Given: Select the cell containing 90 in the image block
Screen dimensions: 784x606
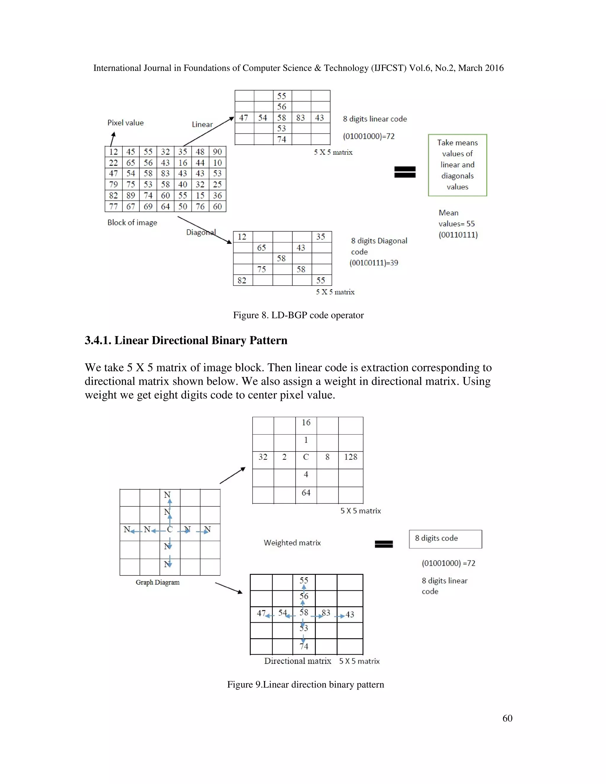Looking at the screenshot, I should pos(217,152).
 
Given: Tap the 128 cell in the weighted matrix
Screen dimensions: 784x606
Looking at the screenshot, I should pos(350,457).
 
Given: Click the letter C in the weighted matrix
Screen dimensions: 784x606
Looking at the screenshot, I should pos(306,457).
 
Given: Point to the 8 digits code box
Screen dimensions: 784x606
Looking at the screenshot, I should pos(445,538).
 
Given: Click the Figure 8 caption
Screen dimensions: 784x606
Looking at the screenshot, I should pos(298,315).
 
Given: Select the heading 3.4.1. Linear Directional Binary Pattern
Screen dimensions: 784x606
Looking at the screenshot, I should pos(186,340).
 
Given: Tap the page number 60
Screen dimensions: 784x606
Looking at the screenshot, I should pos(507,718).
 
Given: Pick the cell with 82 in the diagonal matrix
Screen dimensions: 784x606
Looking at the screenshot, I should pos(242,280).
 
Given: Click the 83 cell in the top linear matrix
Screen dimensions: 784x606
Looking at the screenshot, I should pos(301,118).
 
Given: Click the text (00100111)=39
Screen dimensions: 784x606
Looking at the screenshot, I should pos(374,263).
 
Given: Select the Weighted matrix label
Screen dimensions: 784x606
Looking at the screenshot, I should pos(292,543).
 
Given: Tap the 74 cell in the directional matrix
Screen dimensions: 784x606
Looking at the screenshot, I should pos(304,646).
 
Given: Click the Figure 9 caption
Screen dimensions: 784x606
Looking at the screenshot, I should pos(305,685).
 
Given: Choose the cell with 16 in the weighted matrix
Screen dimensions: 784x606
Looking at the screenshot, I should pos(306,422).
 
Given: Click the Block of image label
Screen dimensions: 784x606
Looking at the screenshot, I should pos(132,222).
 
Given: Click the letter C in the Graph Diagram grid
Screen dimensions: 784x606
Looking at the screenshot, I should pos(170,530).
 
